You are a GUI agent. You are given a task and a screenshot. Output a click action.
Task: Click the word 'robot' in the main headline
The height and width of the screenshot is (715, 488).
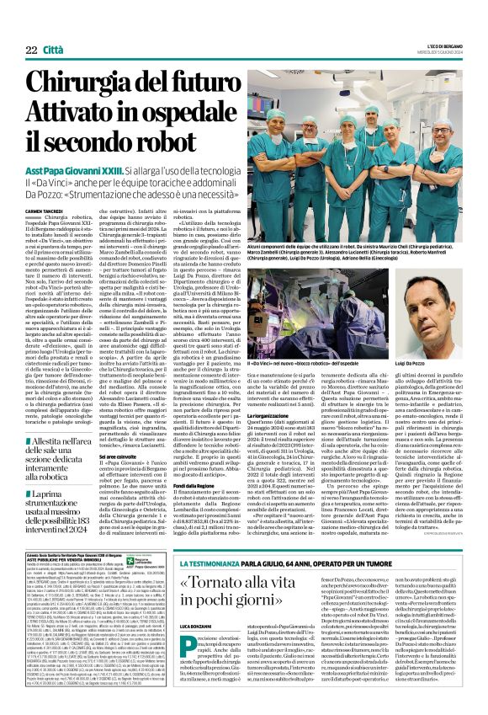(178, 139)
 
